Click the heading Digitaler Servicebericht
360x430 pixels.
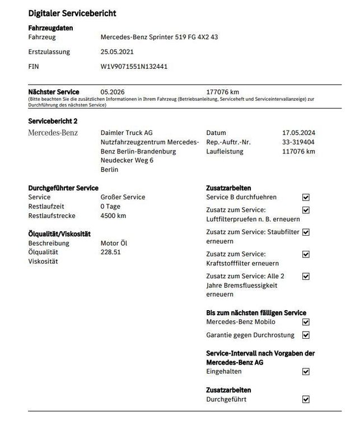pyautogui.click(x=72, y=13)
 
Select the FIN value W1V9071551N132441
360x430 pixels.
pyautogui.click(x=134, y=66)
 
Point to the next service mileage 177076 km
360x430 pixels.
pyautogui.click(x=223, y=92)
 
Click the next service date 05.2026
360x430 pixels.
pyautogui.click(x=112, y=92)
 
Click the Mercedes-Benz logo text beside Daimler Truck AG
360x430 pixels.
pyautogui.click(x=53, y=133)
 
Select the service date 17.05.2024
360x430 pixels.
pyautogui.click(x=298, y=133)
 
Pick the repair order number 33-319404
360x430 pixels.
pyautogui.click(x=298, y=142)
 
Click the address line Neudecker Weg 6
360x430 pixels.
pyautogui.click(x=126, y=160)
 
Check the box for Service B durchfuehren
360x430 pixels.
pyautogui.click(x=306, y=197)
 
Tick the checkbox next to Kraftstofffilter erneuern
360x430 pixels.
pyautogui.click(x=306, y=254)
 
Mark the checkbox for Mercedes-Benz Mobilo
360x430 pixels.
pyautogui.click(x=306, y=322)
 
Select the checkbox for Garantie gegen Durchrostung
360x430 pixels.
pyautogui.click(x=306, y=335)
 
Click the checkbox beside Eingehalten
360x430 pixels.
pyautogui.click(x=306, y=371)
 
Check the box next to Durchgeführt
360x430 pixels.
pyautogui.click(x=306, y=399)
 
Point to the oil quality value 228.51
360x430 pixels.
pyautogui.click(x=111, y=252)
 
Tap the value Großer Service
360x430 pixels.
pyautogui.click(x=123, y=197)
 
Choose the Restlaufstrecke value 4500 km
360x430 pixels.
pyautogui.click(x=113, y=216)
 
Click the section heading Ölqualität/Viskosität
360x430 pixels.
pyautogui.click(x=59, y=234)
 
